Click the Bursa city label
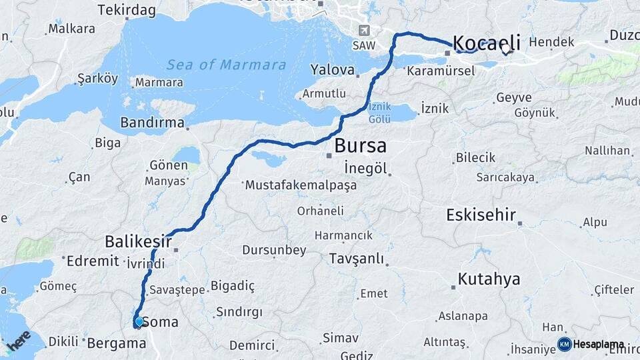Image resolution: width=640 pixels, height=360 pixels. tap(360, 145)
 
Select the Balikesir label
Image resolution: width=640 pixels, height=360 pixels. tap(138, 241)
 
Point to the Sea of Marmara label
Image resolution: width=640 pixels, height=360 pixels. tap(226, 65)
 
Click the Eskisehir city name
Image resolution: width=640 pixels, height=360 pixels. tap(479, 215)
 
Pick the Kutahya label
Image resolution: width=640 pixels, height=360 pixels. tap(489, 279)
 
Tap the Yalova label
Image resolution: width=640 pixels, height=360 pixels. tap(332, 70)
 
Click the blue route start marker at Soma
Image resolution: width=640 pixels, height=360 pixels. tap(139, 322)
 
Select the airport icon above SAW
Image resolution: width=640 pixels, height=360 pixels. tap(364, 31)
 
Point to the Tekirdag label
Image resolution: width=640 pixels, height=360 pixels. tap(126, 10)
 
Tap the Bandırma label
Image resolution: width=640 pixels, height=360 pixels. tap(152, 123)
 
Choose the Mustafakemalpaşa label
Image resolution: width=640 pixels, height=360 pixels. tap(301, 185)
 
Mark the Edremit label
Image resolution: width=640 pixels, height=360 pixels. tap(92, 261)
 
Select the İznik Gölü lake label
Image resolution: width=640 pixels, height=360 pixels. tap(379, 113)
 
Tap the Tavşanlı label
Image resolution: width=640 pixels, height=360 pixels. tap(358, 258)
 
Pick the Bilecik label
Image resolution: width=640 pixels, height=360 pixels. tap(475, 157)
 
